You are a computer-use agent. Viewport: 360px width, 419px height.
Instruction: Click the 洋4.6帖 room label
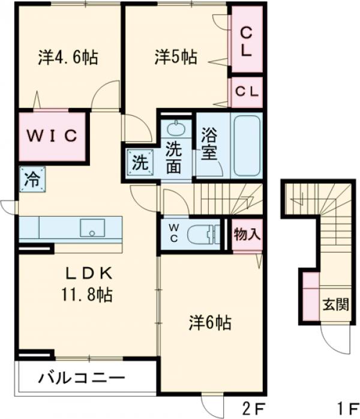(68, 58)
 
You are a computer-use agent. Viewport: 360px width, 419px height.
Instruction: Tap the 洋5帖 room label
(175, 58)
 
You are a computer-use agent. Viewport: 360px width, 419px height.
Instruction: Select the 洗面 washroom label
(174, 158)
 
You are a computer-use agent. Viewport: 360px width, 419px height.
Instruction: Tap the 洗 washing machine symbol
(139, 162)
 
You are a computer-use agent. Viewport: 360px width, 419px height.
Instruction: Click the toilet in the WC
(202, 235)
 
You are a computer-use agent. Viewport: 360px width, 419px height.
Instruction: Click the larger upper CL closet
(246, 40)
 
